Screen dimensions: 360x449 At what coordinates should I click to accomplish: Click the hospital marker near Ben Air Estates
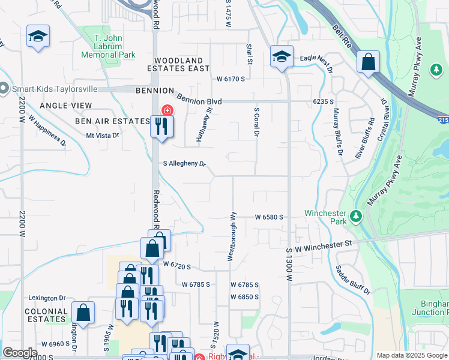coord(166,110)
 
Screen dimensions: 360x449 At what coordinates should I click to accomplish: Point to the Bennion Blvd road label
coord(199,101)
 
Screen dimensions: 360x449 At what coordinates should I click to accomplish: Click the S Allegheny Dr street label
coord(185,163)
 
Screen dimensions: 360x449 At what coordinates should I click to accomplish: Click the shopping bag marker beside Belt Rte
coord(367,61)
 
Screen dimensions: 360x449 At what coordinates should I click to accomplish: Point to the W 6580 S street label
coord(268,217)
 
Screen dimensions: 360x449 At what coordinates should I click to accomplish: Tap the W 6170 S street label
coord(231,79)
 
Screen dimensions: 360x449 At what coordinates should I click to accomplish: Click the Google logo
coord(20,353)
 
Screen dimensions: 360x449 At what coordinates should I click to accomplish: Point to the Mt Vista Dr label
coord(103,136)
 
